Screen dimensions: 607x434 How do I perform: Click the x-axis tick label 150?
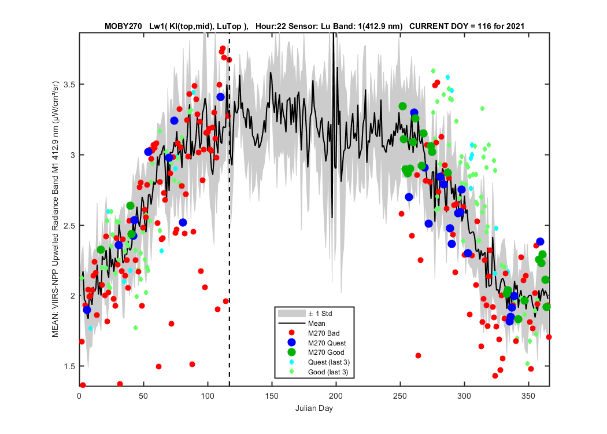pyautogui.click(x=272, y=396)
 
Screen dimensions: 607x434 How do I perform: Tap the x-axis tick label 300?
pyautogui.click(x=464, y=396)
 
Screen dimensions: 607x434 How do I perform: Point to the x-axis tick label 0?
pyautogui.click(x=79, y=396)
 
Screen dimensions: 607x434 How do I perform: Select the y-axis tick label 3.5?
pyautogui.click(x=70, y=84)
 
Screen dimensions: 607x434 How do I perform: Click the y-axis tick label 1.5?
pyautogui.click(x=70, y=366)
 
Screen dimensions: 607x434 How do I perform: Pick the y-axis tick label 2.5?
pyautogui.click(x=70, y=226)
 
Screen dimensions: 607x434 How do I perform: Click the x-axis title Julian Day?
pyautogui.click(x=314, y=409)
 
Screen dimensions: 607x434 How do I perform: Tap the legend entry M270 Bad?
pyautogui.click(x=324, y=333)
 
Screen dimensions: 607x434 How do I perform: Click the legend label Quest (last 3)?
pyautogui.click(x=329, y=362)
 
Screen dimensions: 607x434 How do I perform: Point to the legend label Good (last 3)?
pyautogui.click(x=328, y=372)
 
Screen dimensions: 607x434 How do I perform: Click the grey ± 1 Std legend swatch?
pyautogui.click(x=291, y=314)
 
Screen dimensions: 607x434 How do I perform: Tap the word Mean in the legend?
pyautogui.click(x=317, y=323)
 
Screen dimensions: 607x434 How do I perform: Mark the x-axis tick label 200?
pyautogui.click(x=336, y=396)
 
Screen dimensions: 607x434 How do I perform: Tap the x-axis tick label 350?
pyautogui.click(x=528, y=396)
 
